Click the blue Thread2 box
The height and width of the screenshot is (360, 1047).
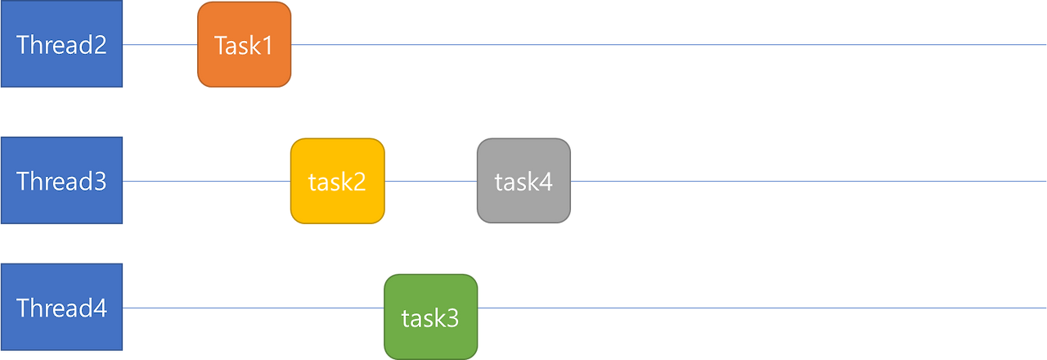[x=62, y=45]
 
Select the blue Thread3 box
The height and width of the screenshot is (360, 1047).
[x=62, y=181]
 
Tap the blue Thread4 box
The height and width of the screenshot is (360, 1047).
[x=62, y=308]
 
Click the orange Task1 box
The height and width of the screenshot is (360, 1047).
[x=244, y=45]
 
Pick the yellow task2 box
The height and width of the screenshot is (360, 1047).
[x=337, y=181]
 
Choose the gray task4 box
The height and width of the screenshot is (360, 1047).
[x=523, y=181]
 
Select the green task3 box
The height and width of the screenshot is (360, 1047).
[x=430, y=317]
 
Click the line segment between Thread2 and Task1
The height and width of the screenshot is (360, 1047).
[x=160, y=45]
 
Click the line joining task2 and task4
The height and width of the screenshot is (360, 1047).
[x=430, y=181]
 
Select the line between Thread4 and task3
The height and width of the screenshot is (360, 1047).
[x=254, y=308]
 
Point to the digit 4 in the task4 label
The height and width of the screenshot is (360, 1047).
[x=546, y=182]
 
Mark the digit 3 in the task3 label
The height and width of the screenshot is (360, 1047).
[x=452, y=318]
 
